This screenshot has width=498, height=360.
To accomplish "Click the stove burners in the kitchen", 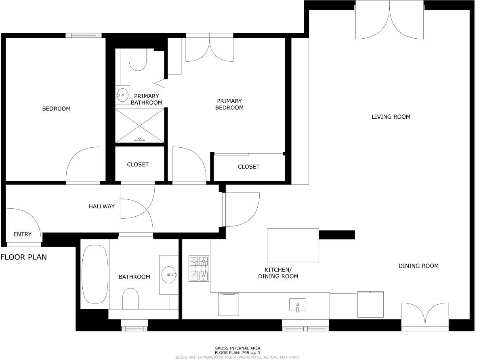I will pyautogui.click(x=199, y=268).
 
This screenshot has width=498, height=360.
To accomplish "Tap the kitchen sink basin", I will pyautogui.click(x=297, y=305).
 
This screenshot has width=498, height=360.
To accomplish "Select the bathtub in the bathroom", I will pyautogui.click(x=95, y=274).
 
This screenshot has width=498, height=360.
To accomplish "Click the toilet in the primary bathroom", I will pyautogui.click(x=138, y=61).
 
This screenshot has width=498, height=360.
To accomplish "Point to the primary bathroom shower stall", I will pyautogui.click(x=140, y=126).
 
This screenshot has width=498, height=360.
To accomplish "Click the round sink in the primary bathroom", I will pyautogui.click(x=122, y=96).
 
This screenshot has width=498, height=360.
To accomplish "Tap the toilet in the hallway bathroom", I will pyautogui.click(x=130, y=299).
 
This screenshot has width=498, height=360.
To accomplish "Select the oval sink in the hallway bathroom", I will pyautogui.click(x=168, y=275).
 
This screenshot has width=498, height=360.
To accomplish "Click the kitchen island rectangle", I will pyautogui.click(x=293, y=245).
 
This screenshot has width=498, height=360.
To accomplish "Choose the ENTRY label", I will pyautogui.click(x=22, y=234).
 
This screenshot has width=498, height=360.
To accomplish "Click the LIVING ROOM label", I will pyautogui.click(x=391, y=117).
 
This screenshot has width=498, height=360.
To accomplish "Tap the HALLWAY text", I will pyautogui.click(x=101, y=206).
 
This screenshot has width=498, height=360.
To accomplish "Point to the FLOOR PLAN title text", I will pyautogui.click(x=23, y=257).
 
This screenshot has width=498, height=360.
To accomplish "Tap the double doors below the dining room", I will pyautogui.click(x=424, y=317).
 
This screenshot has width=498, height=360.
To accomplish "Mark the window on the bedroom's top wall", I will pyautogui.click(x=84, y=36).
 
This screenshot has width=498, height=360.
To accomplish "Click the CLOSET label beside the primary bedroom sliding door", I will pyautogui.click(x=248, y=167).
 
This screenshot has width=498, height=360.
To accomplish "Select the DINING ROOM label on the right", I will pyautogui.click(x=418, y=266).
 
